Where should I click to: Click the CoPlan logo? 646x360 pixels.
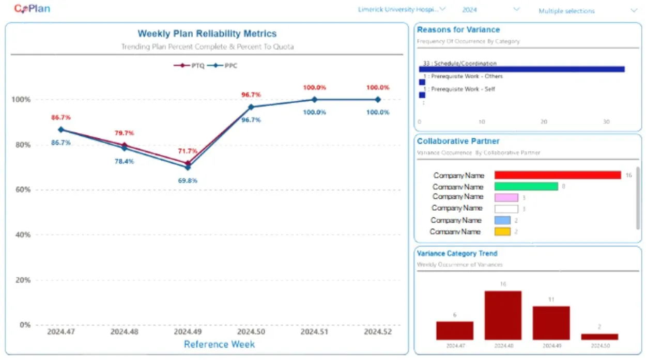click(x=32, y=9)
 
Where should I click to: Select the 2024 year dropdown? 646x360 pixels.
click(x=490, y=10)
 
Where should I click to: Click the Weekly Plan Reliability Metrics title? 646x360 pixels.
click(x=207, y=34)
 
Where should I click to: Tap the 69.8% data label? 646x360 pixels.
click(x=187, y=181)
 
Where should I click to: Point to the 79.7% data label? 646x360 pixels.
click(x=125, y=134)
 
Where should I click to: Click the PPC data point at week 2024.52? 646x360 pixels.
click(x=378, y=100)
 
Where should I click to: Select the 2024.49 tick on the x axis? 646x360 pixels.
click(x=187, y=332)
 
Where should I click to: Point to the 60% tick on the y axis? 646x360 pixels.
click(x=21, y=190)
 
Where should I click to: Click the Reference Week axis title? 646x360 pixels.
click(x=219, y=345)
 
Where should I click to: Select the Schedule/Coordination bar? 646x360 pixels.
click(x=521, y=69)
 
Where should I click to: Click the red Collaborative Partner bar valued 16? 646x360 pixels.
click(x=557, y=175)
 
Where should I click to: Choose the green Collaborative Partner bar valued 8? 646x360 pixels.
click(x=526, y=186)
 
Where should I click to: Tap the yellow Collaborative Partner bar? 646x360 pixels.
click(x=502, y=232)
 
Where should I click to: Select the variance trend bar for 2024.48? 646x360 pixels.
click(x=503, y=315)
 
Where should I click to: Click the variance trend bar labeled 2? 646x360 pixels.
click(x=599, y=337)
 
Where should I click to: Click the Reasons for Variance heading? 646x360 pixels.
click(x=458, y=30)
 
